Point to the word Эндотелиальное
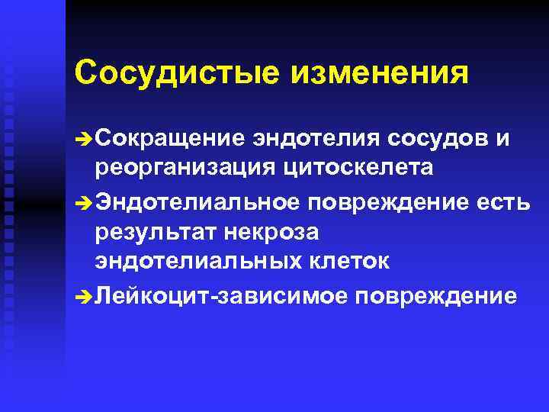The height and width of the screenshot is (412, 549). [x=197, y=201]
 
